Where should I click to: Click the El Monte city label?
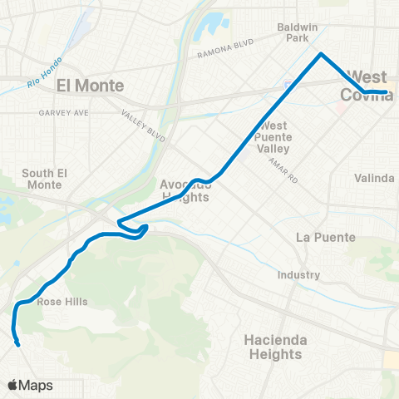pos(90,86)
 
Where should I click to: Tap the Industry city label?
pos(299,275)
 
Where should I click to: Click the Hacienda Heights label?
pos(274,347)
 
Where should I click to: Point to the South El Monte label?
pos(43,179)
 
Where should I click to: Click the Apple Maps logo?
pos(30,385)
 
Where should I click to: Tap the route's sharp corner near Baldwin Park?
pos(321,54)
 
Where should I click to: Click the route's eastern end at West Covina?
pos(387,92)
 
